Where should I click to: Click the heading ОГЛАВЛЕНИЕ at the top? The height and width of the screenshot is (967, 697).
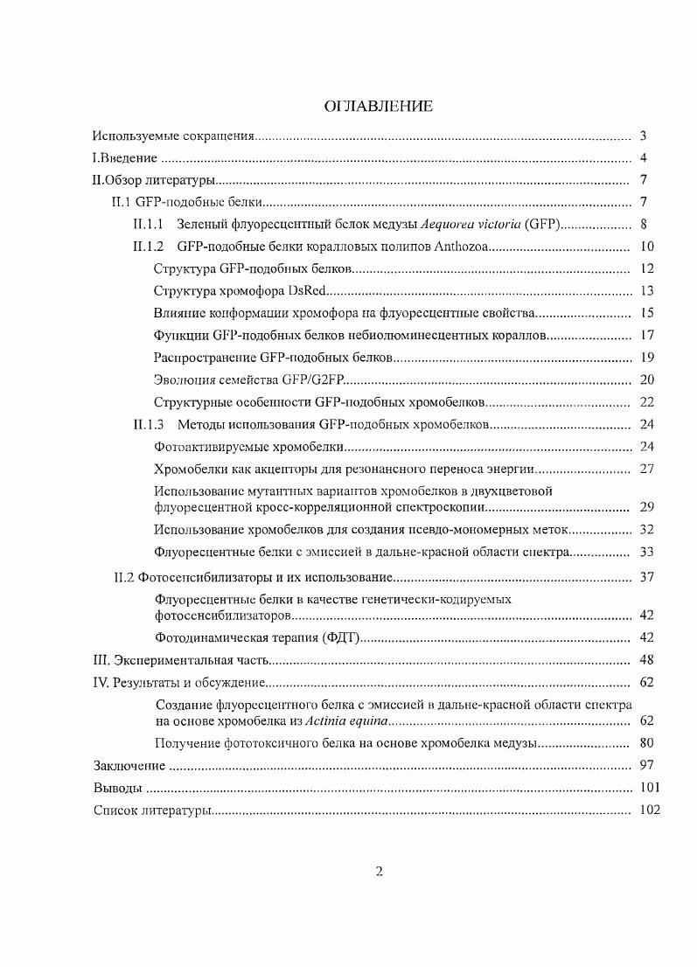tap(378, 107)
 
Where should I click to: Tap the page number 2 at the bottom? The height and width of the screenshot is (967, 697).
tap(379, 870)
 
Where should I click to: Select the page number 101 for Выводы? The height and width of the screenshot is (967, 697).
tap(649, 788)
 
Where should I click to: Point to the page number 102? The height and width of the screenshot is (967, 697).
tap(649, 810)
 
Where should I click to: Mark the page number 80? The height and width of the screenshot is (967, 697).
tap(647, 744)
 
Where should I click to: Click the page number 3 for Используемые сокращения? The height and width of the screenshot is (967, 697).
tap(643, 136)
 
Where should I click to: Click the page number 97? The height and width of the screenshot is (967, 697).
tap(647, 766)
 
